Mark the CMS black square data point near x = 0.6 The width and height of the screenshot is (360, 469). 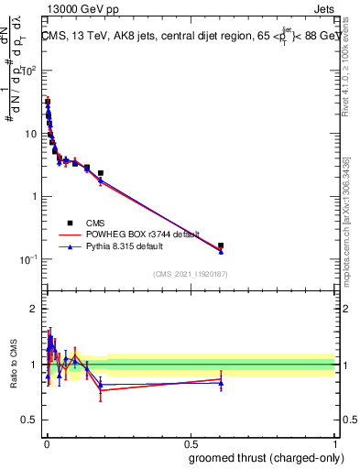coord(221,245)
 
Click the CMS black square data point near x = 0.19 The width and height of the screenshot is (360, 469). coord(101,173)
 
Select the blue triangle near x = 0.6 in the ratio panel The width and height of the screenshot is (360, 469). coord(221,382)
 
